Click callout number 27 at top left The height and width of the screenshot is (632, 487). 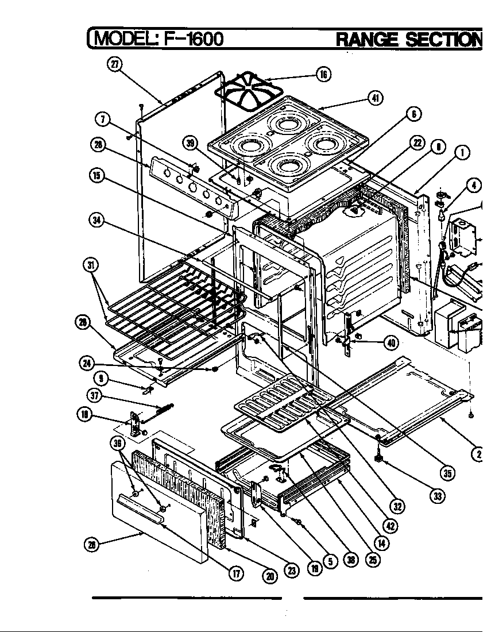114,64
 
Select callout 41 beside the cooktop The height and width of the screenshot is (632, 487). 376,98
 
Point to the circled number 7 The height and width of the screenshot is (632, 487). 102,120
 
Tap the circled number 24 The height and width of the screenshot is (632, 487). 87,363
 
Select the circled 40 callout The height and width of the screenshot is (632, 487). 391,343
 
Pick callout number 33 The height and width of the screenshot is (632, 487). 438,495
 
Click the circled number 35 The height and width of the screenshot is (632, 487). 446,473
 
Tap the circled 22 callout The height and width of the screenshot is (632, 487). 417,143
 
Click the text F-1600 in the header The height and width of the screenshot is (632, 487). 185,38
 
